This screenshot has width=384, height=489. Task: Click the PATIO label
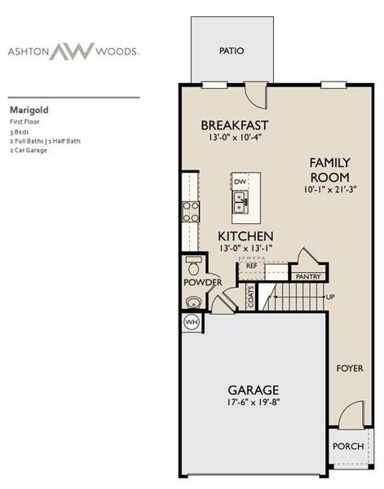point(232,51)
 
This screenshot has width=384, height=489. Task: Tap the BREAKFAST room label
point(235,125)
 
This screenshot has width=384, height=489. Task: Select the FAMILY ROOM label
point(329,170)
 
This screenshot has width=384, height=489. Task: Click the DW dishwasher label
point(240,182)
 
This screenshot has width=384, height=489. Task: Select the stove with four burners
point(190,212)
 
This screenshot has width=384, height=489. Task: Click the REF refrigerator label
point(251,266)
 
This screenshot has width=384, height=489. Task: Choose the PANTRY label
point(308,277)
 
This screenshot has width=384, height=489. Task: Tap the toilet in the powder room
point(194,266)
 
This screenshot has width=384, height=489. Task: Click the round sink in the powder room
point(193,302)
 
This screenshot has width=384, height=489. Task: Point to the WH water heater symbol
point(192,322)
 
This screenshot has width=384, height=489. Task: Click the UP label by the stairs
point(330,297)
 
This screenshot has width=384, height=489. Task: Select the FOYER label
point(350,368)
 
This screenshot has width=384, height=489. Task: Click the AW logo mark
point(73,51)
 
